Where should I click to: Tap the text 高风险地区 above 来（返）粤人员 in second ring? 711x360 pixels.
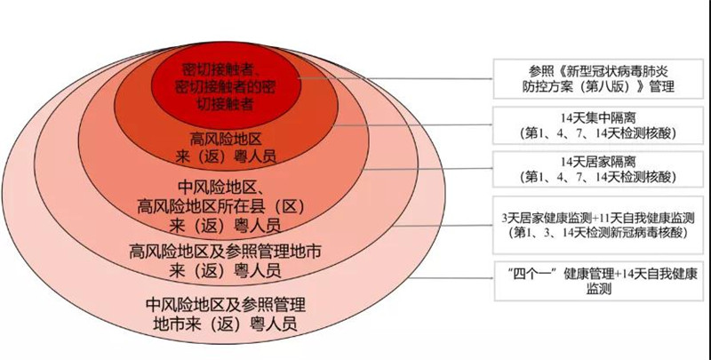[226, 139]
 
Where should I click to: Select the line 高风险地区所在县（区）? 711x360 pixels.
[220, 207]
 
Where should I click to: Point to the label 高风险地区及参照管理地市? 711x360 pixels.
[225, 251]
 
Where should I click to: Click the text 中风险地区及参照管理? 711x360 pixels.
[226, 304]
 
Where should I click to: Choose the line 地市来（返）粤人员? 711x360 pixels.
[226, 324]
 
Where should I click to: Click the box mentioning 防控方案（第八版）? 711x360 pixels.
[598, 78]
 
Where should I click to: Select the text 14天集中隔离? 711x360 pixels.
[598, 118]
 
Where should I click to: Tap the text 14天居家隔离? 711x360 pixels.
[598, 162]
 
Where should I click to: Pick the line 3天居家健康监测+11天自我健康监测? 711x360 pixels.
[598, 218]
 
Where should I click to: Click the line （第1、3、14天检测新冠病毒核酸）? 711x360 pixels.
[598, 233]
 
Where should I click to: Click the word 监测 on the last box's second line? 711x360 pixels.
[599, 289]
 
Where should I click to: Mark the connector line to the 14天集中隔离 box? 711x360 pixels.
[412, 124]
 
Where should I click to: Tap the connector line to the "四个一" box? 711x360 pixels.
[453, 278]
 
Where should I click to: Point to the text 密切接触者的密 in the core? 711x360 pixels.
[225, 86]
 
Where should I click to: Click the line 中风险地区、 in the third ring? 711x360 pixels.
[220, 188]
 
